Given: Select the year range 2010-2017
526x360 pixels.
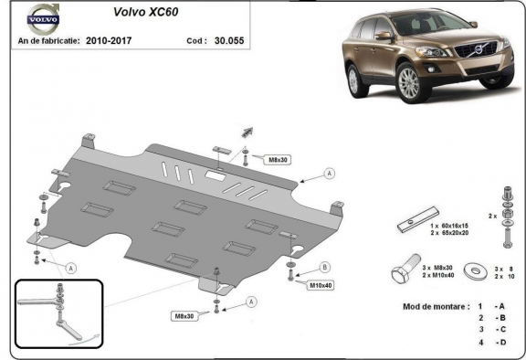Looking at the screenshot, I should click(110, 41).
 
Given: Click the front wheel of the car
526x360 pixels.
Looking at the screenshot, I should click(409, 83).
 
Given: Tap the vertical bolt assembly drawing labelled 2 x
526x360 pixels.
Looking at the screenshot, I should click(505, 217).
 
